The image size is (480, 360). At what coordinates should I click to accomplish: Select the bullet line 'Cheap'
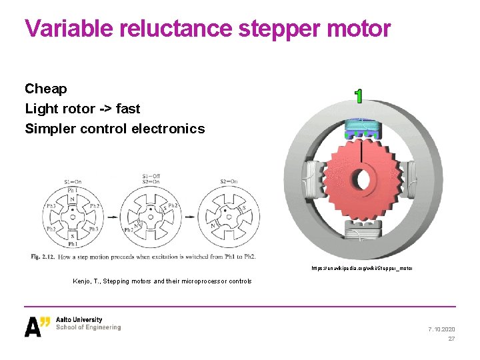(x=46, y=89)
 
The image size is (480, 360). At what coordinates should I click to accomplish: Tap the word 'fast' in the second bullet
(x=127, y=109)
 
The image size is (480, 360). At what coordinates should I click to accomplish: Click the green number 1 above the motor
(x=359, y=96)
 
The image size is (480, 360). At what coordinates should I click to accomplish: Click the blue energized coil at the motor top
(x=360, y=127)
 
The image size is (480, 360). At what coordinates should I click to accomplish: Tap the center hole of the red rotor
(x=361, y=180)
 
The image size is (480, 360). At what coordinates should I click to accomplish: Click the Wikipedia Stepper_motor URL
(x=361, y=268)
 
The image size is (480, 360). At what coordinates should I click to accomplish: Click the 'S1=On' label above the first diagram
(x=73, y=182)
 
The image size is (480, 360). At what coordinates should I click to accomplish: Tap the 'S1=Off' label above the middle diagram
(x=151, y=177)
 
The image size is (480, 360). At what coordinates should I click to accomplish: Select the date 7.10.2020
(x=441, y=329)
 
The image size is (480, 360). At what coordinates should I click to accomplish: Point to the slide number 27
(x=451, y=339)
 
